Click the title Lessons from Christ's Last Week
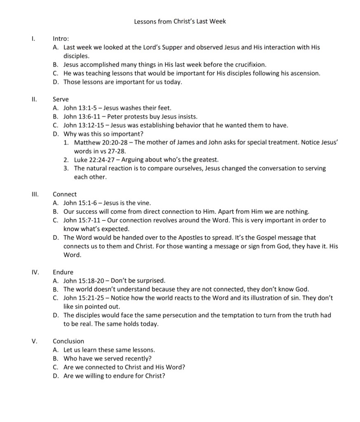coord(180,21)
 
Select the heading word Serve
coord(61,99)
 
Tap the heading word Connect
coord(65,194)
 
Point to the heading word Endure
coord(63,272)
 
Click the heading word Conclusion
coord(68,341)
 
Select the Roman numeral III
coord(35,194)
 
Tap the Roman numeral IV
coord(35,272)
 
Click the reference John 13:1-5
coord(80,108)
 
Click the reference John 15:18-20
coord(84,281)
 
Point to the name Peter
coord(115,117)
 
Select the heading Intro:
coord(61,39)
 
